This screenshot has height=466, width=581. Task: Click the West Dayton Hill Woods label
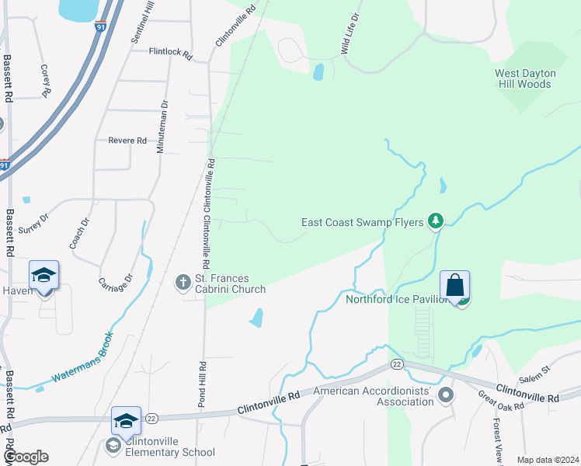(526, 78)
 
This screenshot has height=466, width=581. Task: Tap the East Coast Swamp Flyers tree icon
(436, 222)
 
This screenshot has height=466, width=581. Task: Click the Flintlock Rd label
(170, 52)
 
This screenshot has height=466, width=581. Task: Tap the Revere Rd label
(127, 141)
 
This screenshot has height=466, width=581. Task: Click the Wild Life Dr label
(350, 33)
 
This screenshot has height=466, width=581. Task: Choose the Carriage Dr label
(117, 288)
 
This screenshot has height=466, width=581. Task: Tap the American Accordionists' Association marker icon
(446, 396)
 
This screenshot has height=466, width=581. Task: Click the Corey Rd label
(45, 80)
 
